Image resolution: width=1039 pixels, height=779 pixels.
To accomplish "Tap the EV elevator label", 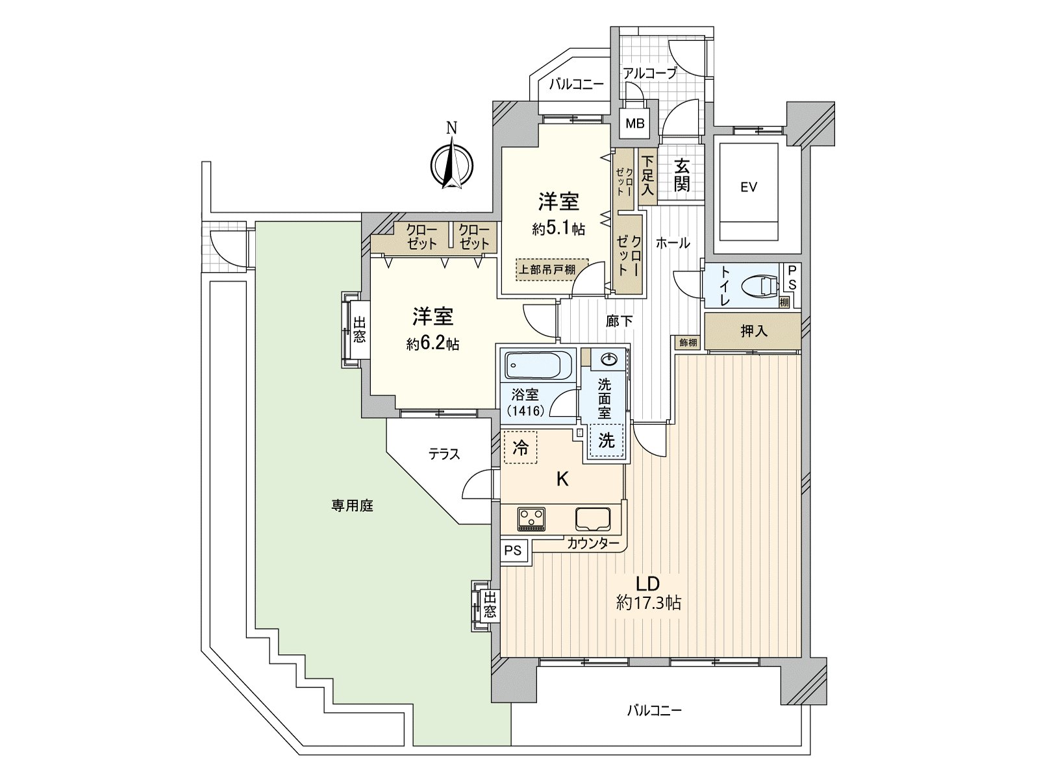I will coord(749,188).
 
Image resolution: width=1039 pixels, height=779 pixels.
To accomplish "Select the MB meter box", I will coord(634,123).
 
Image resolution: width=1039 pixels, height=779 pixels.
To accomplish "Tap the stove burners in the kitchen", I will coord(532,519).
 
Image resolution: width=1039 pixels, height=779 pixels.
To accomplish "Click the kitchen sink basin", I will coord(593,519).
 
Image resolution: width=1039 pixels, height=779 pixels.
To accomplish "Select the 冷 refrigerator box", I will coord(521,447).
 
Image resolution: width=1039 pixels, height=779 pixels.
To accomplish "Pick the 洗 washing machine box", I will coord(606,441).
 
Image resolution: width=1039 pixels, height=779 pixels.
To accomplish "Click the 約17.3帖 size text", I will coord(648,603).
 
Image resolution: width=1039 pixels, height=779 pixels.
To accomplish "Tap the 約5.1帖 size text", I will coord(558,229).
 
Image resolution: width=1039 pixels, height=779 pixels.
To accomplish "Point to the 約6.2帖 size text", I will coord(432,344).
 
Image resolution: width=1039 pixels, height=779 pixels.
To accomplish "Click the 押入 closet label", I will coord(754,331).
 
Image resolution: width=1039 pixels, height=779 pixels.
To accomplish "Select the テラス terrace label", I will coord(444,454).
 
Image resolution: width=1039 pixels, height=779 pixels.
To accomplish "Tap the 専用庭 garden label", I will coord(355,506).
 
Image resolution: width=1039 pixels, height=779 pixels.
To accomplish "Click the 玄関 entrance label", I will coord(681,175).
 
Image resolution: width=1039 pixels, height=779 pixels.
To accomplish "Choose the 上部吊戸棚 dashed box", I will coord(551,269).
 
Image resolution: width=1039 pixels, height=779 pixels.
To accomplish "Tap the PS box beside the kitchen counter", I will coord(513,550).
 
